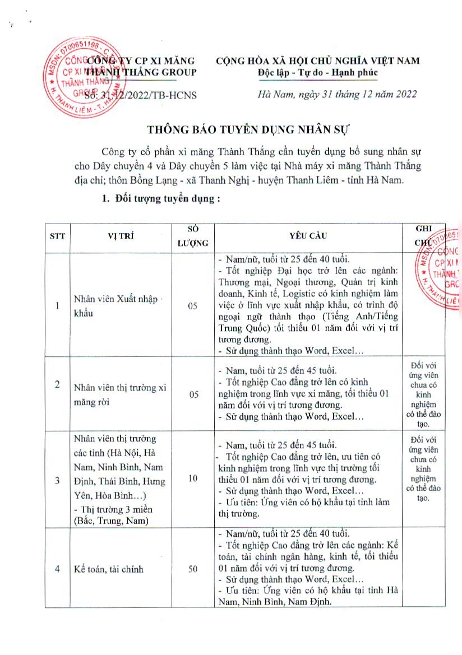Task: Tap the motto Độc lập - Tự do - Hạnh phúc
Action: [x=318, y=72]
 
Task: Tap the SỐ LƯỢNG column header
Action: [x=193, y=236]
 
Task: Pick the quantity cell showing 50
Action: [x=193, y=569]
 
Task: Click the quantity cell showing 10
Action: [x=193, y=479]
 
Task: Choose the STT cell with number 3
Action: [x=57, y=480]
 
